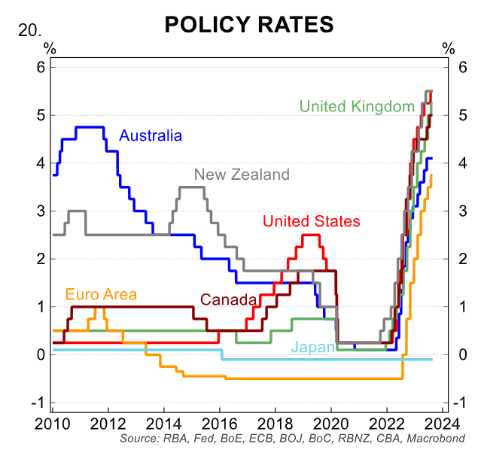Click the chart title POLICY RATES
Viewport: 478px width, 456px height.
point(249,24)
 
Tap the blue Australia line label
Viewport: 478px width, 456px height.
point(151,136)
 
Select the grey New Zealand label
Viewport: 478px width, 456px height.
point(242,175)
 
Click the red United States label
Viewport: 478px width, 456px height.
point(311,221)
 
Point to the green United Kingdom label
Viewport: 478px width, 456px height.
point(357,106)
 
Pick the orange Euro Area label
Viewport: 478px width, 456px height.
point(101,294)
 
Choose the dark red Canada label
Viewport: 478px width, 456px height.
point(229,299)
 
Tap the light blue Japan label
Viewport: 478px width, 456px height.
point(311,347)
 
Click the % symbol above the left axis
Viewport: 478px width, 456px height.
point(50,48)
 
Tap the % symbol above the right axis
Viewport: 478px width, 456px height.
point(449,48)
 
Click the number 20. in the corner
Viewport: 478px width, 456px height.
point(29,32)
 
